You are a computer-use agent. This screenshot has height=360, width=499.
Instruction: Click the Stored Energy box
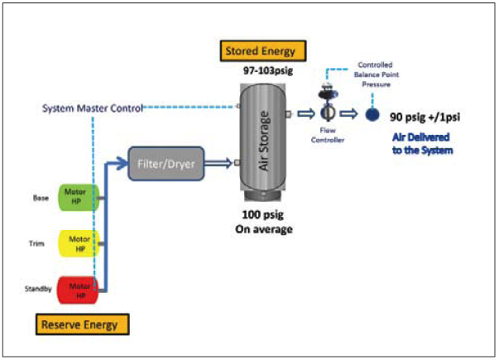click(263, 51)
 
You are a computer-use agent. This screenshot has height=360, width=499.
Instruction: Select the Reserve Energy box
click(83, 324)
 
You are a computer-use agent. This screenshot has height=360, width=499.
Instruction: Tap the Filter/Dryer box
click(166, 164)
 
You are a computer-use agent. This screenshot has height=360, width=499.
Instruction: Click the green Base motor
click(79, 197)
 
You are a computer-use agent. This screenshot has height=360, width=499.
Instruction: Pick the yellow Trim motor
click(79, 243)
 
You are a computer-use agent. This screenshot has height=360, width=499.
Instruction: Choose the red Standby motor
click(78, 290)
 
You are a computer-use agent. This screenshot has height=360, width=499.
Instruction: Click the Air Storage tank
click(262, 142)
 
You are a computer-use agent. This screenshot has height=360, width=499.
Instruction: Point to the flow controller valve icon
click(328, 105)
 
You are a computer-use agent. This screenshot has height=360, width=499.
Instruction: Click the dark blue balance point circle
click(372, 114)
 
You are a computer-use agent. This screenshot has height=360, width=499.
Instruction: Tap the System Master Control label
click(93, 108)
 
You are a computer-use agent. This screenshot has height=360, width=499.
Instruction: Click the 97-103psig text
click(268, 70)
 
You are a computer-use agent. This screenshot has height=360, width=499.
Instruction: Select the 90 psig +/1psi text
click(425, 118)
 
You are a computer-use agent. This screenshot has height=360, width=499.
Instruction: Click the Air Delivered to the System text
click(422, 144)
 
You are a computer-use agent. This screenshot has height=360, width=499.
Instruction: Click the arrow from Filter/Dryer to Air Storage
click(218, 163)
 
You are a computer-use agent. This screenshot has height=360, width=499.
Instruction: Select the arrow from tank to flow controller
click(306, 113)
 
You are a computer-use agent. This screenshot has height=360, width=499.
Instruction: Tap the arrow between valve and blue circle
click(348, 113)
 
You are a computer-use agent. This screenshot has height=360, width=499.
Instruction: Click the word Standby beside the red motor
click(38, 289)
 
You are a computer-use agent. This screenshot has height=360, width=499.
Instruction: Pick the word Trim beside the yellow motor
click(36, 244)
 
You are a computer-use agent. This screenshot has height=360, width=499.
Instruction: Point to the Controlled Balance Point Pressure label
click(377, 74)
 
